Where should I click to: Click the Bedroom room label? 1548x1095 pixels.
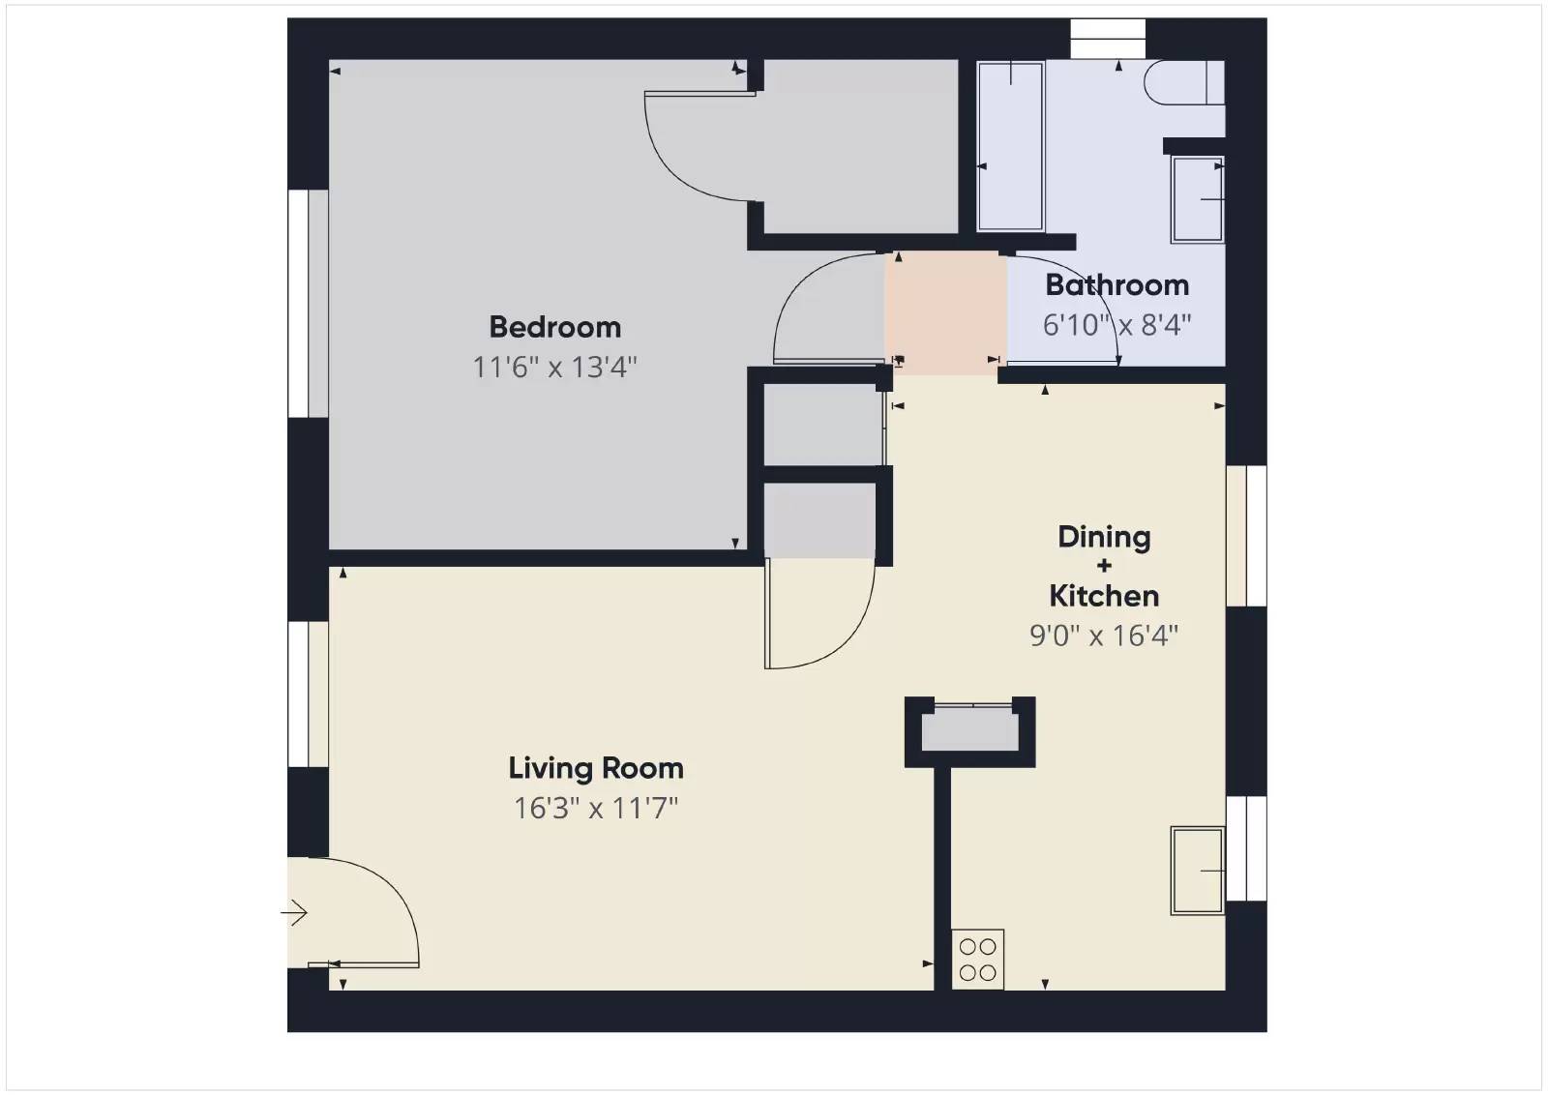pos(554,327)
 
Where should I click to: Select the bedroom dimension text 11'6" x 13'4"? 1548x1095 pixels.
pos(554,368)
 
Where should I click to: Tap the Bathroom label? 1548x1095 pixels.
pos(1116,285)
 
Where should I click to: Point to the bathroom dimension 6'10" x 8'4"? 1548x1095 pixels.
pos(1116,325)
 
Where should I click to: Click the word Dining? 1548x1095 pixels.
pos(1104,537)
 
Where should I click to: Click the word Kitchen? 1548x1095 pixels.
pos(1104,596)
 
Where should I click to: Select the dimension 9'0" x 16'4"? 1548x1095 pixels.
pos(1104,636)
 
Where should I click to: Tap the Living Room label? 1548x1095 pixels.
pos(596,768)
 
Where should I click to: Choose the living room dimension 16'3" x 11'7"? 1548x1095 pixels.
pos(596,808)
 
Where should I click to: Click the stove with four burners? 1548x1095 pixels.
pos(977,960)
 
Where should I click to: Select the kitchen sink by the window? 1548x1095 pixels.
pos(1197,871)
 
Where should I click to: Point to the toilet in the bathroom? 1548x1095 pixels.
pos(1182,82)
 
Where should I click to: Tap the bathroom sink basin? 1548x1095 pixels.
pos(1197,199)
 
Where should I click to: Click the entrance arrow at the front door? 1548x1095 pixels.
pos(295,912)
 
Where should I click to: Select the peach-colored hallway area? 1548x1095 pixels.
pos(945,314)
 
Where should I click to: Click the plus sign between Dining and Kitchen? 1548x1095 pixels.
pos(1104,566)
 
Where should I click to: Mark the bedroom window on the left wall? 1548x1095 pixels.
pos(308,304)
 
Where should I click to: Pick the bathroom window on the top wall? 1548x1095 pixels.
pos(1107,39)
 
